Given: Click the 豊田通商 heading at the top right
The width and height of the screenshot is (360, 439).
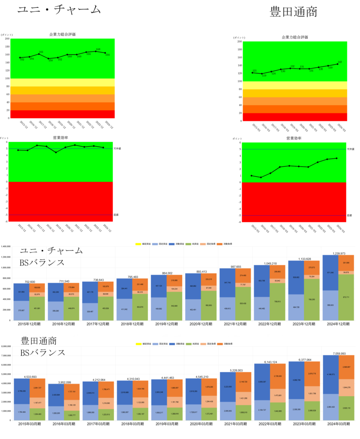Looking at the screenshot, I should point(293,12).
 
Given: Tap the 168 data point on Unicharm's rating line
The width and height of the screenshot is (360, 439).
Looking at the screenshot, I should point(98,51).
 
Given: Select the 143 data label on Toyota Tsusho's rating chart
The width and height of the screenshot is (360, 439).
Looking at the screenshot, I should point(340,62).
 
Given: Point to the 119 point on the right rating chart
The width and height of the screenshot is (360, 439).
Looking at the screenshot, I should point(262,74).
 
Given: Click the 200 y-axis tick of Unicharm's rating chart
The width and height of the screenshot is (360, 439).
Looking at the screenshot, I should point(7,39).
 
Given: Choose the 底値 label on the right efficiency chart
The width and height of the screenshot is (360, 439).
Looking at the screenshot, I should point(349,215).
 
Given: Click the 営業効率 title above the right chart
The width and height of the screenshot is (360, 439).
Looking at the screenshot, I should point(294,138).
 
